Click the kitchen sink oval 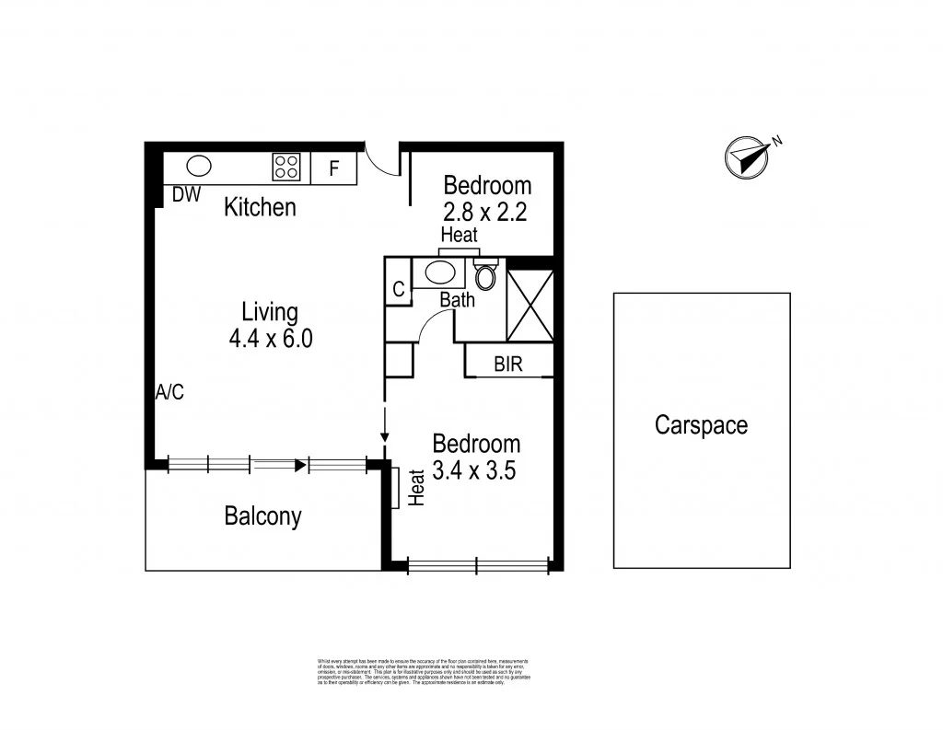click(199, 167)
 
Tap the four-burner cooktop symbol click(285, 167)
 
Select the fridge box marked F click(334, 168)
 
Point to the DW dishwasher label click(186, 195)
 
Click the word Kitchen click(261, 207)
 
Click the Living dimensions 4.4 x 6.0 click(271, 339)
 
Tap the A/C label click(169, 392)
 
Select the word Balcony click(263, 516)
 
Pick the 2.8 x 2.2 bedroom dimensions click(487, 212)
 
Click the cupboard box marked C click(399, 289)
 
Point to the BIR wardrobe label click(508, 365)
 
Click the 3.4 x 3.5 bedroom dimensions click(476, 470)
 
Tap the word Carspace click(701, 425)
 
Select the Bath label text click(457, 300)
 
